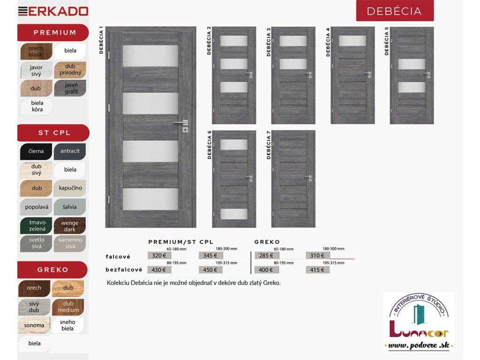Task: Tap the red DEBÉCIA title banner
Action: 395,11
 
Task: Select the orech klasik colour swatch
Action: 36,52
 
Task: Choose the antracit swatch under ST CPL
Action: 70,151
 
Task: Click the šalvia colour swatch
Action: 70,207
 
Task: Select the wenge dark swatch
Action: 70,226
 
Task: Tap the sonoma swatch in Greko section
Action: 34,325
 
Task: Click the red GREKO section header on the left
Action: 52,270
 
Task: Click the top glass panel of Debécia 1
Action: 150,56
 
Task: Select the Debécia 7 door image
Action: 293,179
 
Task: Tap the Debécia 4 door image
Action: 352,75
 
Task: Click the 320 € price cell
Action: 159,255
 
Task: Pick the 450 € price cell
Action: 210,270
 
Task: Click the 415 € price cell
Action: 317,270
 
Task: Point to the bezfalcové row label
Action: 124,270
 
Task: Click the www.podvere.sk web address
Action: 418,345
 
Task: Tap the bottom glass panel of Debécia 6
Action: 233,214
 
